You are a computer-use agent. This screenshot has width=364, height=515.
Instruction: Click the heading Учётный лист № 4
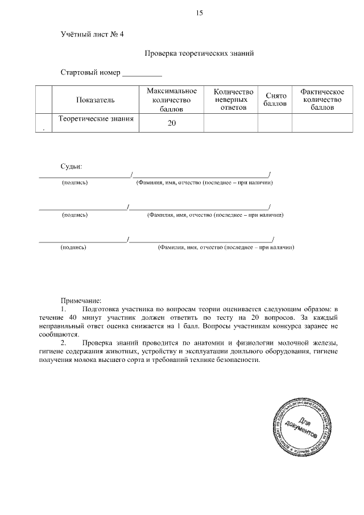point(92,34)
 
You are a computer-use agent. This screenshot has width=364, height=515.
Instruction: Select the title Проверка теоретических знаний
point(198,53)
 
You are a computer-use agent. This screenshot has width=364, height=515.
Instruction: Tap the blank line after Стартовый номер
point(142,74)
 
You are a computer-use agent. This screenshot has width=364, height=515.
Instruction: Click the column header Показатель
point(95,100)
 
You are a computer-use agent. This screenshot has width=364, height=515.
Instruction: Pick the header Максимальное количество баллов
point(172,100)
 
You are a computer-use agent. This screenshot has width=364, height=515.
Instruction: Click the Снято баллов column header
point(276,100)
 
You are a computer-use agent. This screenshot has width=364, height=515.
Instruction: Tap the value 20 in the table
point(172,123)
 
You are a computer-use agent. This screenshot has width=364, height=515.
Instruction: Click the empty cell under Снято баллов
point(276,123)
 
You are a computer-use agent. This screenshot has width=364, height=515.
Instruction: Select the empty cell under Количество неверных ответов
point(231,123)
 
